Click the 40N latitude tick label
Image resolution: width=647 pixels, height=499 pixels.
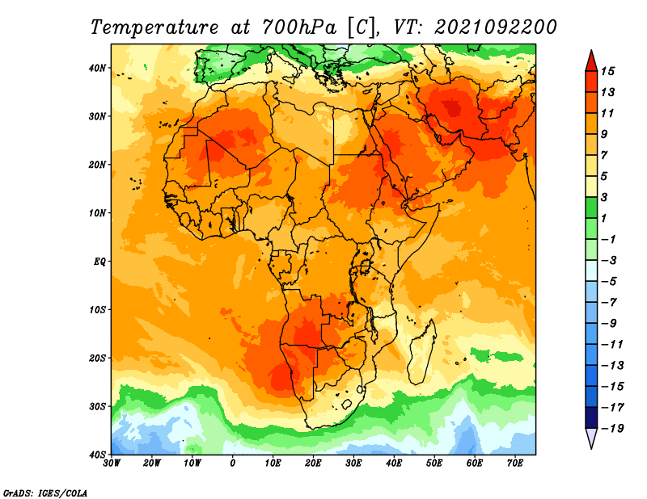97,68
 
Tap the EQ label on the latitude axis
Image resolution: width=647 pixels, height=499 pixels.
99,262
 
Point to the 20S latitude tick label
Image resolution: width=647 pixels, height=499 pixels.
97,358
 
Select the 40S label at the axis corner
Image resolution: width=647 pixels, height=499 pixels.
97,455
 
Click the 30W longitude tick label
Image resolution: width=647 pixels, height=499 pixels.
112,463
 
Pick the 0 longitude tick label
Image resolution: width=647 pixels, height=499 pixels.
233,463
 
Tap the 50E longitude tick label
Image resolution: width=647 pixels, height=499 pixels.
434,463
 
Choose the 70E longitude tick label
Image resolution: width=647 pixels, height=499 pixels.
515,463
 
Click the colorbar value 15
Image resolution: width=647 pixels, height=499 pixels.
607,71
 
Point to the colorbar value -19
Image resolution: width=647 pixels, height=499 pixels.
612,428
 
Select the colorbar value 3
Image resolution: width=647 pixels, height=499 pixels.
604,197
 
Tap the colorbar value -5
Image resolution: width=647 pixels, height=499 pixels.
609,282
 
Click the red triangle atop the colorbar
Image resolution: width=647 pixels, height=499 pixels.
591,62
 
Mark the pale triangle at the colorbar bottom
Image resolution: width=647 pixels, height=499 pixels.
591,438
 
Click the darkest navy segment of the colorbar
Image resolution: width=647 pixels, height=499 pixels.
591,417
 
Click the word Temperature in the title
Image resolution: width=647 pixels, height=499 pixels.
154,27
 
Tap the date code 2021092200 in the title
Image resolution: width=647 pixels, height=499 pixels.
496,27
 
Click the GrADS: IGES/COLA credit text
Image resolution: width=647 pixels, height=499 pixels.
45,493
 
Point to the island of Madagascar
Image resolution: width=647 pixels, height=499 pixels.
421,351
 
